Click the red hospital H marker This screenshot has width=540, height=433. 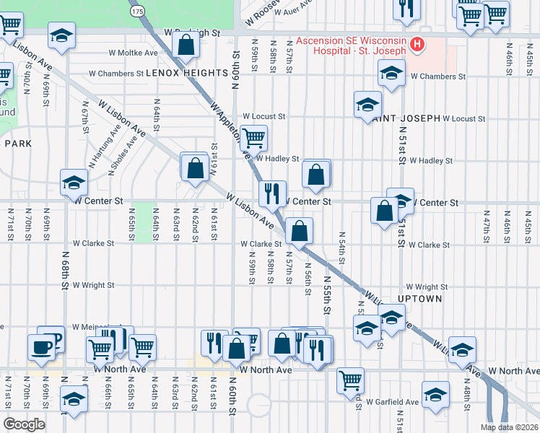[x=417, y=45]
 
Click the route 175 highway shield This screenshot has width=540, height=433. [x=137, y=11]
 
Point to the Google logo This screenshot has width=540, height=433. [x=23, y=424]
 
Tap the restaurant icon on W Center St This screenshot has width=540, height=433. [x=272, y=193]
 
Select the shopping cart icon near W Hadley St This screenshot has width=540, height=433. [x=253, y=137]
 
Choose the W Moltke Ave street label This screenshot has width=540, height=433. [x=133, y=53]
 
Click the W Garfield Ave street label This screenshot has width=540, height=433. [x=392, y=402]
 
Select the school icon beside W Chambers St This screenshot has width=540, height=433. [x=391, y=74]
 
